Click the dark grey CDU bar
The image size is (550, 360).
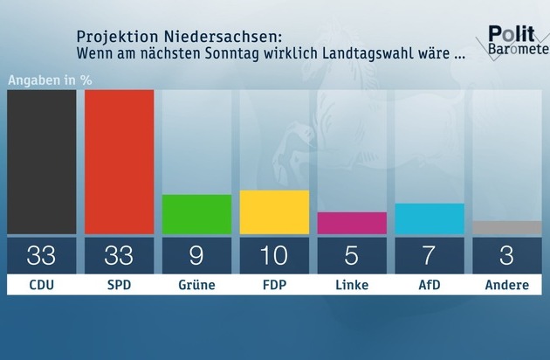[41, 162]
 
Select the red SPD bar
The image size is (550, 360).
[119, 162]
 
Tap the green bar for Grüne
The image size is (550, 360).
[196, 214]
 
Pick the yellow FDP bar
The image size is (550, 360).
[274, 212]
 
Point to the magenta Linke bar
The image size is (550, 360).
[352, 223]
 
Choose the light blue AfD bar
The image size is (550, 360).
[430, 218]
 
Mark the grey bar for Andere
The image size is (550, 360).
[507, 227]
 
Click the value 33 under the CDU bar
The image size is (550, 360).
[41, 256]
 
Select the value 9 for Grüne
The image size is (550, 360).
[196, 256]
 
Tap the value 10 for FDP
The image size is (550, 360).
[274, 256]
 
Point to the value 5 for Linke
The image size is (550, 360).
[352, 256]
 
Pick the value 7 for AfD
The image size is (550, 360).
[430, 256]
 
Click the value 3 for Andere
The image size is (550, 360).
[507, 256]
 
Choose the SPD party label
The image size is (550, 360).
[119, 286]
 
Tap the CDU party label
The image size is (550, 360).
[41, 286]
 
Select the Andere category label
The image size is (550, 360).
[507, 286]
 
